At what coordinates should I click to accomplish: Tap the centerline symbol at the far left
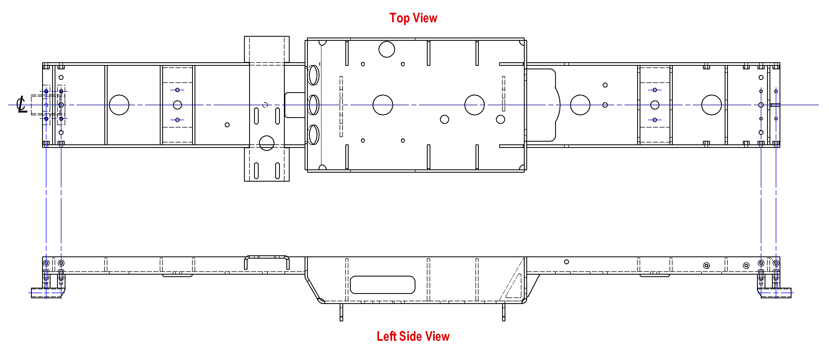coord(21,104)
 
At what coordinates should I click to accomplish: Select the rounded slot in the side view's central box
coord(383,285)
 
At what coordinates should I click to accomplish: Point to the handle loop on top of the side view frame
coord(267,257)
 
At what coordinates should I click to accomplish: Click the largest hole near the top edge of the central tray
coord(387,49)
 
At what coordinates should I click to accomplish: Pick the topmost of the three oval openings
coord(314,75)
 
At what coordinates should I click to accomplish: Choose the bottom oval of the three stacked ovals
coord(314,135)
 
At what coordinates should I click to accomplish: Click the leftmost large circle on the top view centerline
coord(119,105)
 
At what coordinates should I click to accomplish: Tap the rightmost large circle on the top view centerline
coord(712,105)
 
